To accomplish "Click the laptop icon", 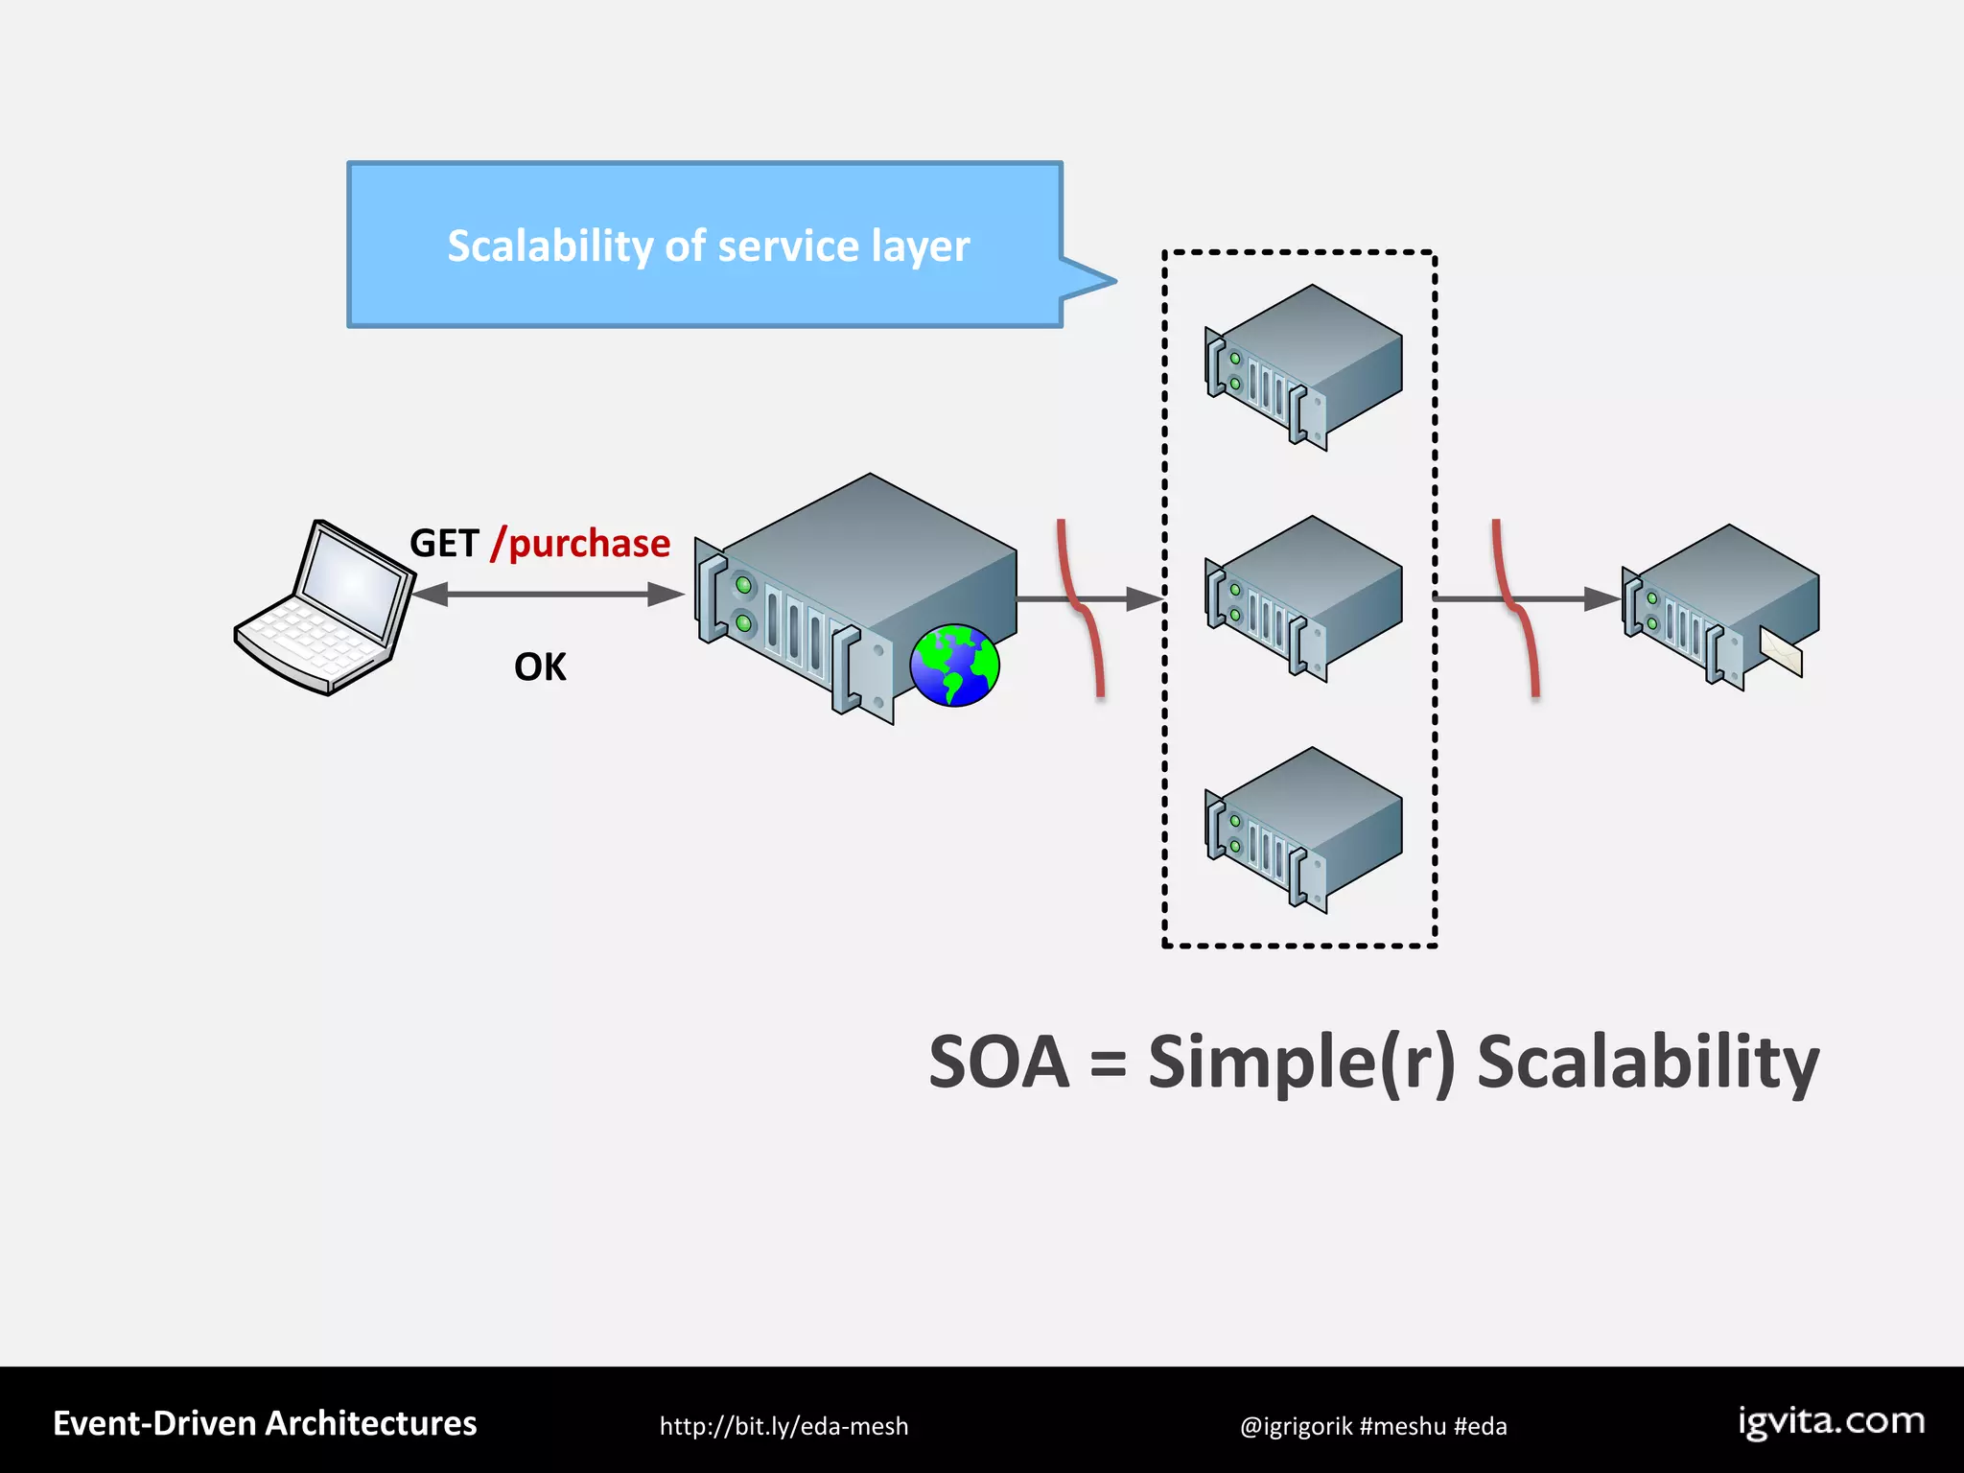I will coord(324,608).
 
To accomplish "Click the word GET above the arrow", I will coord(444,544).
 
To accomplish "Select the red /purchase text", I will coord(580,544).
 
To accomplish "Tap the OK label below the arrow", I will coord(540,667).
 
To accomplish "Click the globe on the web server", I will coord(954,665).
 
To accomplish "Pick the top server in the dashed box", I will coord(1303,366).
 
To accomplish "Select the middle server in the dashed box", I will coord(1303,598).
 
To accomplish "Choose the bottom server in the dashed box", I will coord(1303,830).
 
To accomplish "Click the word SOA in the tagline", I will coord(998,1063).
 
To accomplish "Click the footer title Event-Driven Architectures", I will coord(265,1423).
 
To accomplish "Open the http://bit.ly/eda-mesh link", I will coord(783,1426).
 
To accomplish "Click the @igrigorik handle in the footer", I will coord(1296,1426).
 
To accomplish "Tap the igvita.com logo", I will coord(1831,1421).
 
